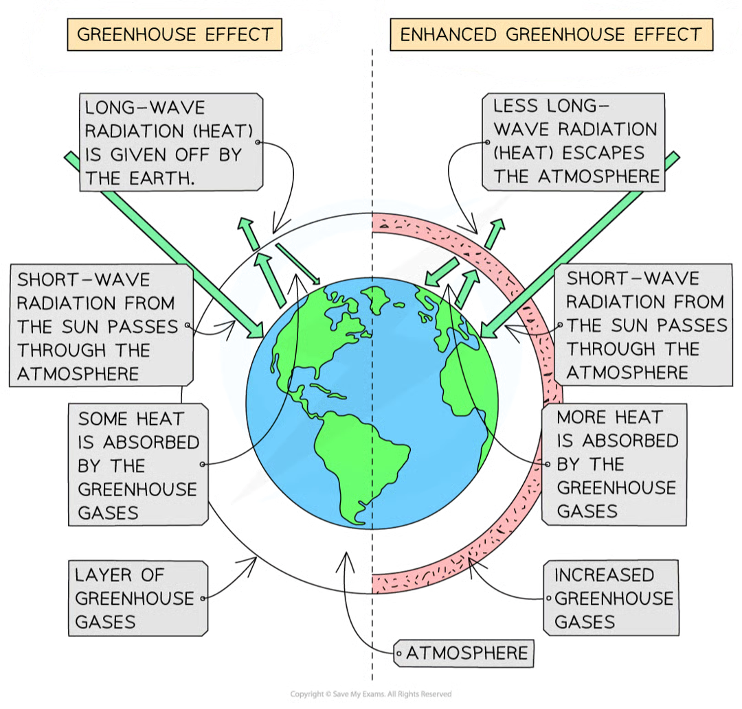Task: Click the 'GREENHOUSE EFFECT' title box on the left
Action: click(175, 34)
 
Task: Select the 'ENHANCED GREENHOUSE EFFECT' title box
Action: click(552, 34)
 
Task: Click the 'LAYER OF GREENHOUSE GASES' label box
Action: click(137, 598)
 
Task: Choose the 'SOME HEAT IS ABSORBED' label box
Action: click(137, 465)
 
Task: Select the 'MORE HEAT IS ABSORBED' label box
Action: click(614, 464)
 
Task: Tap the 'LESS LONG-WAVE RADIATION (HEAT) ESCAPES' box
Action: click(574, 141)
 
